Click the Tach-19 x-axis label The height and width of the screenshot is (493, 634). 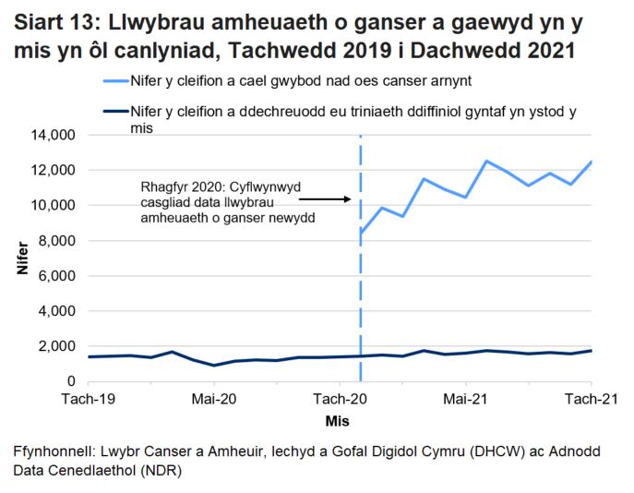pyautogui.click(x=88, y=399)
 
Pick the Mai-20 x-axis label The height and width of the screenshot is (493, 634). pyautogui.click(x=214, y=399)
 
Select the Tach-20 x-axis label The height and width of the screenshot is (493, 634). pyautogui.click(x=340, y=399)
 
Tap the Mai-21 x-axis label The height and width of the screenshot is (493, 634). pyautogui.click(x=465, y=399)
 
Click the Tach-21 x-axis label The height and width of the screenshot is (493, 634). pyautogui.click(x=591, y=399)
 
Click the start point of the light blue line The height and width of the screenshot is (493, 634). pyautogui.click(x=361, y=233)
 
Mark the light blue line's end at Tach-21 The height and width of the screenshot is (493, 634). pyautogui.click(x=591, y=162)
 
